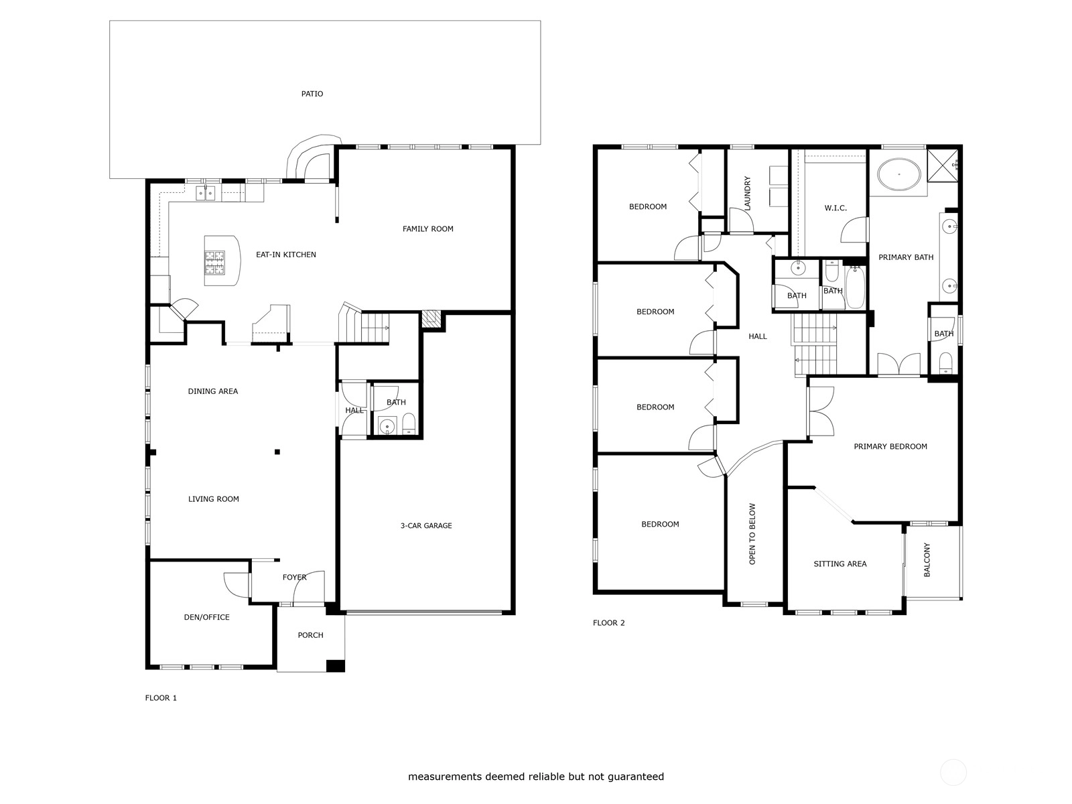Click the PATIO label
pos(312,94)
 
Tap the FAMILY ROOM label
pos(428,228)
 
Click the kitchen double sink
pos(206,194)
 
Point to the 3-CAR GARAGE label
pos(426,526)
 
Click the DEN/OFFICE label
pos(206,617)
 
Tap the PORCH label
pos(311,635)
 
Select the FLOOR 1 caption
pos(161,698)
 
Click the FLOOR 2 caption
pos(608,623)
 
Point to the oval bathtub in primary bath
pos(899,174)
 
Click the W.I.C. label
pos(835,208)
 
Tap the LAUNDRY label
pos(747,194)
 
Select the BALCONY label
pos(927,560)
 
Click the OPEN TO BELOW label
pos(752,534)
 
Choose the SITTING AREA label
pos(840,564)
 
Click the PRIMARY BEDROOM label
pos(890,446)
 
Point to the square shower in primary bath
pos(943,165)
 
